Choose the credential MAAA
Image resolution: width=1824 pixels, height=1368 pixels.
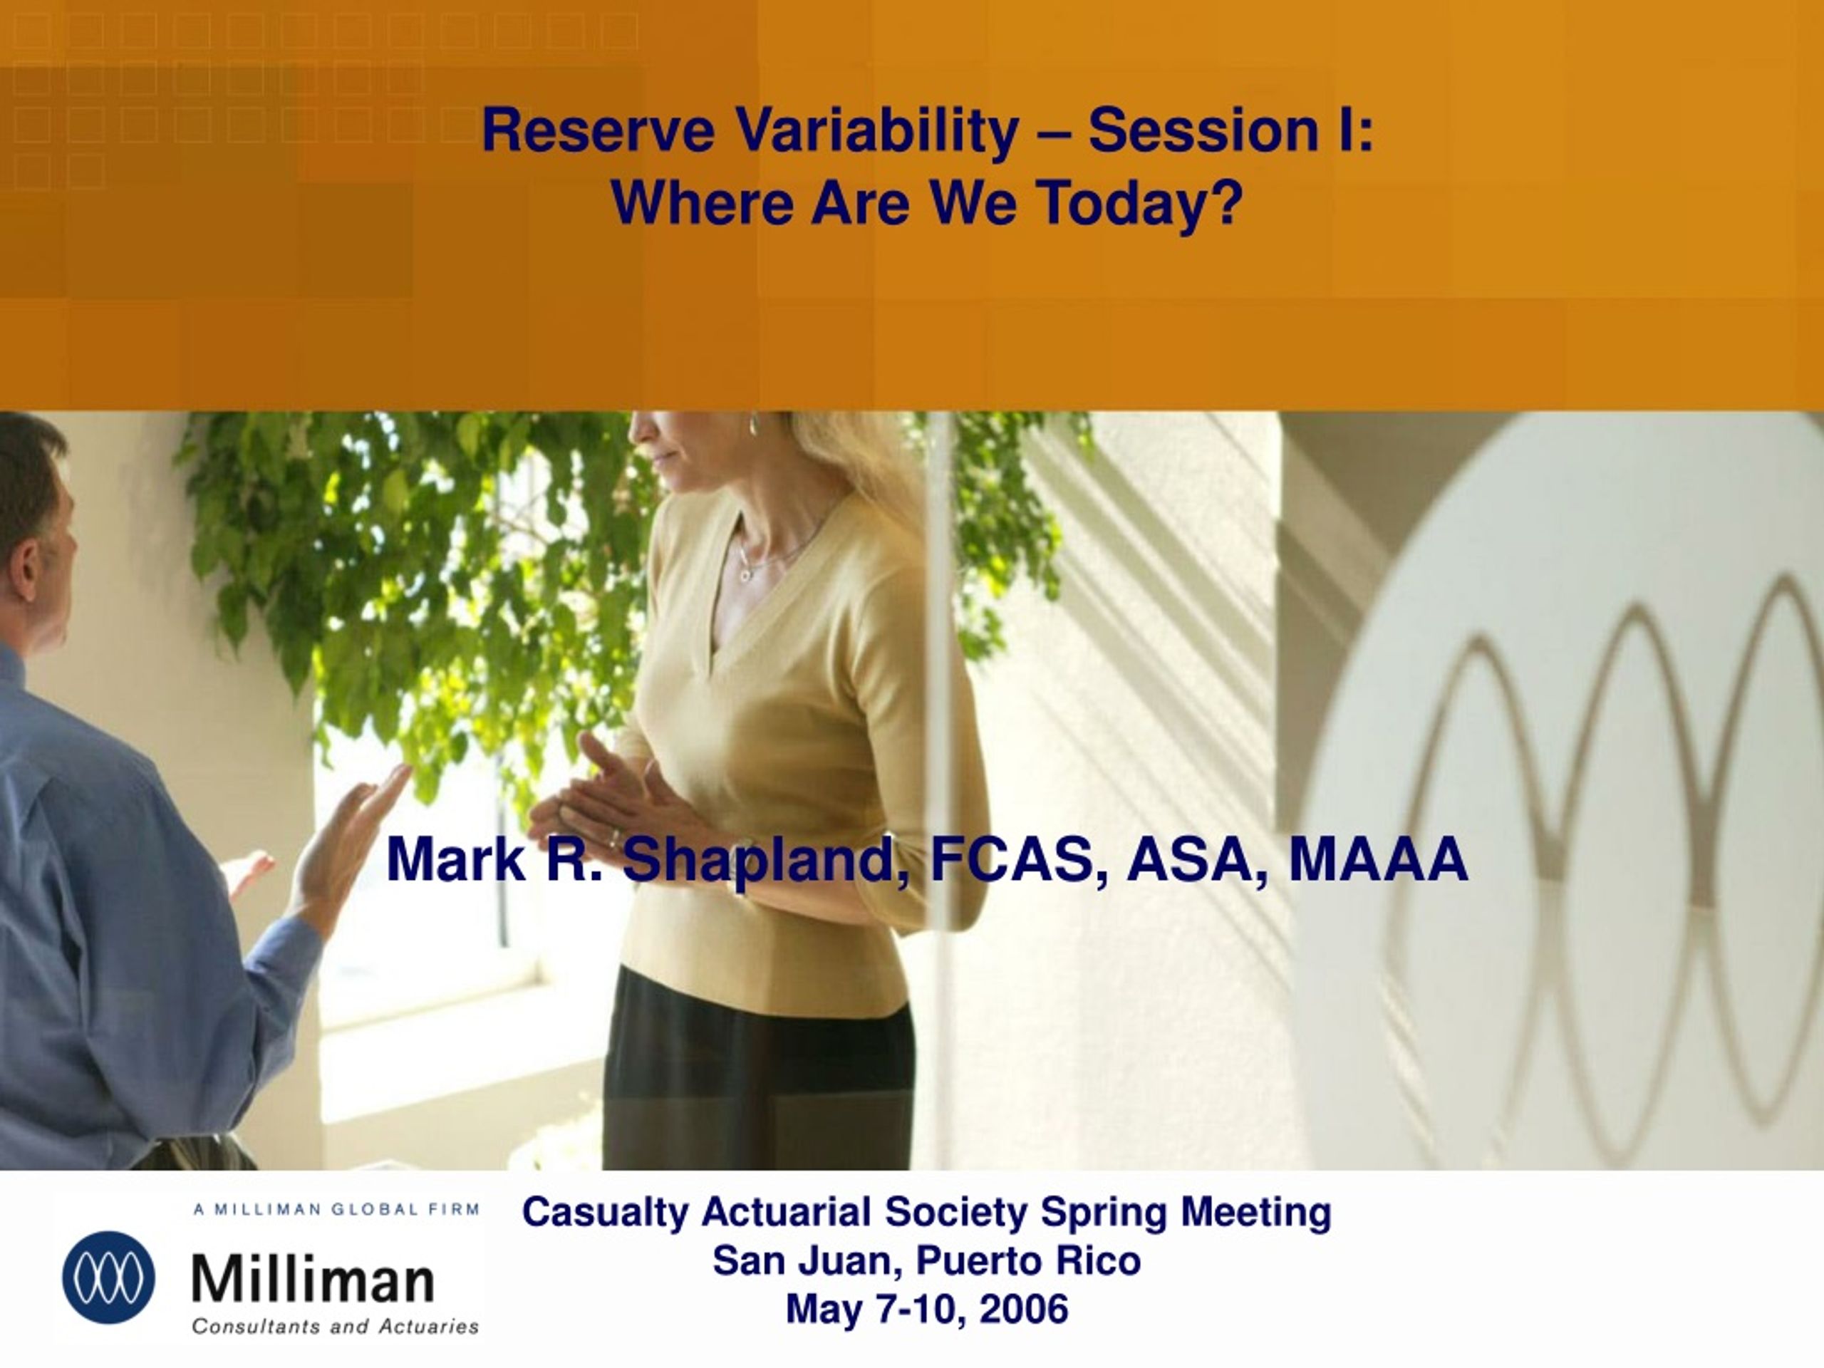(x=1379, y=859)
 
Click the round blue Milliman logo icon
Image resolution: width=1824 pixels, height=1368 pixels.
(x=108, y=1278)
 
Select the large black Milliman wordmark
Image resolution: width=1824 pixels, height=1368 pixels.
(x=313, y=1280)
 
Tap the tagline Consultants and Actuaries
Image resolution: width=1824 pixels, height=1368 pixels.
(x=336, y=1327)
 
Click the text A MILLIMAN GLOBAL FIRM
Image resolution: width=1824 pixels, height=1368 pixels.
(x=336, y=1210)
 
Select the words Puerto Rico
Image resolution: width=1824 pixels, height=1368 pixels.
(x=1028, y=1262)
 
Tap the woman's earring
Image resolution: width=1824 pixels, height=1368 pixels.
(x=753, y=425)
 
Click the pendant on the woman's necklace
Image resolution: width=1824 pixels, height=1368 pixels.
(x=745, y=571)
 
